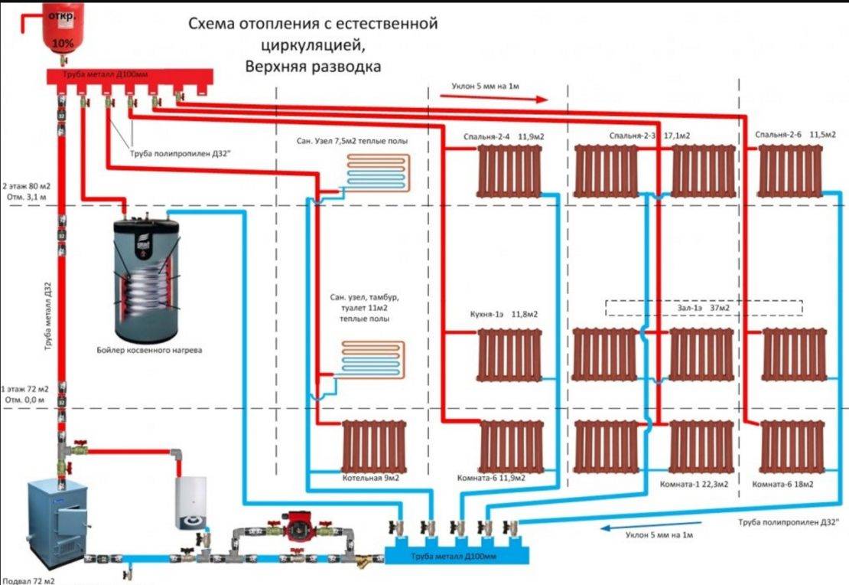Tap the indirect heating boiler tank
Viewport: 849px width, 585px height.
[x=148, y=280]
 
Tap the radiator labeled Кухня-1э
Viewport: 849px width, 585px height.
[x=509, y=355]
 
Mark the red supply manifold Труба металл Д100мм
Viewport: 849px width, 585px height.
[x=127, y=76]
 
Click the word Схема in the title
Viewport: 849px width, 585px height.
[x=213, y=24]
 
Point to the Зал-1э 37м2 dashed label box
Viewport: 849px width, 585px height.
[x=704, y=307]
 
